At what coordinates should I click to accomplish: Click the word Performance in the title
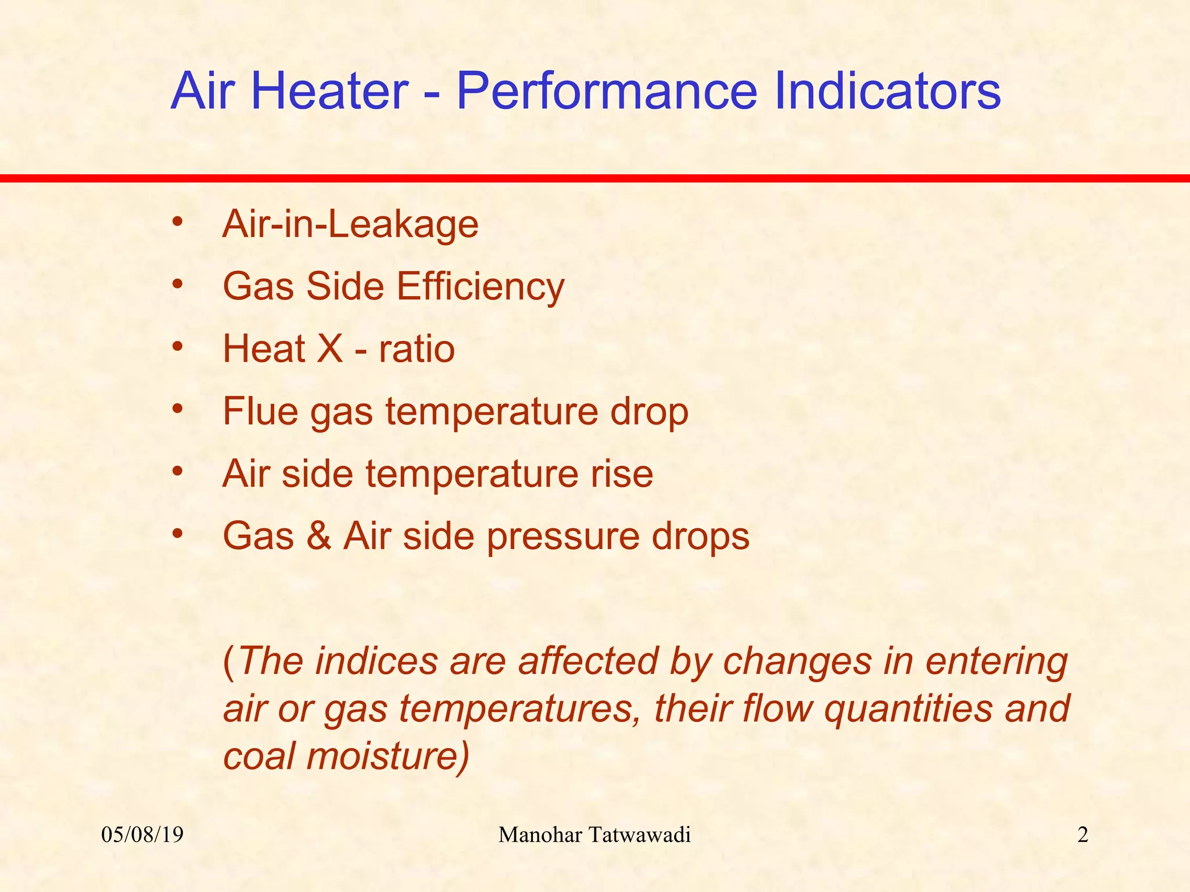[x=607, y=92]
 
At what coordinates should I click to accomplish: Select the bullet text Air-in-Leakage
[x=350, y=224]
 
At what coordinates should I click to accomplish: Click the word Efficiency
[x=481, y=287]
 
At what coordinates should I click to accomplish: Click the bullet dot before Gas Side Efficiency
[x=178, y=285]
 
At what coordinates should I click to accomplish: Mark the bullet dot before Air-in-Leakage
[x=178, y=222]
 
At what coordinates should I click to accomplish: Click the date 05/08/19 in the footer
[x=142, y=835]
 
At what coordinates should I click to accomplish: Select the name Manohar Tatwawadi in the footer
[x=594, y=835]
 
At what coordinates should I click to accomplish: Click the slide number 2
[x=1083, y=835]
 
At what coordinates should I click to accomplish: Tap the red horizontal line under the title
[x=595, y=178]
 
